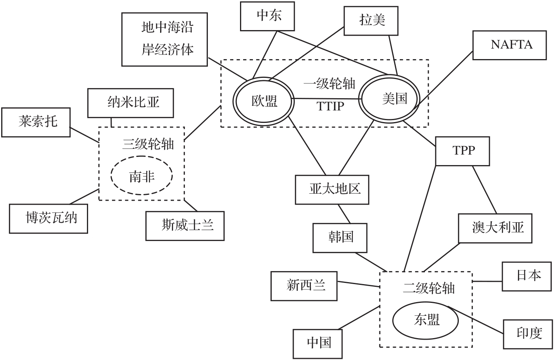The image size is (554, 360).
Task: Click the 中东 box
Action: (267, 16)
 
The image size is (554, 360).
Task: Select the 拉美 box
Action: (371, 20)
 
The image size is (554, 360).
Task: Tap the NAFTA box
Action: (509, 45)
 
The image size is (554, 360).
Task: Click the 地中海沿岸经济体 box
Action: (164, 39)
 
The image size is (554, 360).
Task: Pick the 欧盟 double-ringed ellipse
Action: (263, 101)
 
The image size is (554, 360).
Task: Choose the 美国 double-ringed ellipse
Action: (390, 98)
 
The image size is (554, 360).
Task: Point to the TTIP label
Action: (330, 106)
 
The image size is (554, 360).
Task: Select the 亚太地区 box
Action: (332, 190)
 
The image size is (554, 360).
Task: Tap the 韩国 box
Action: (340, 238)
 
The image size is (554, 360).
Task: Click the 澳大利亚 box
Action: (495, 228)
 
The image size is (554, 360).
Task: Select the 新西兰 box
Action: (304, 286)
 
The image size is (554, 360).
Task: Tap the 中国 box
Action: (318, 343)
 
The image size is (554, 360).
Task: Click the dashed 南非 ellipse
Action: (142, 176)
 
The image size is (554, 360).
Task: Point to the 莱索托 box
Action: (36, 122)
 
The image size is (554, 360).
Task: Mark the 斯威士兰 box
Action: (185, 226)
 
